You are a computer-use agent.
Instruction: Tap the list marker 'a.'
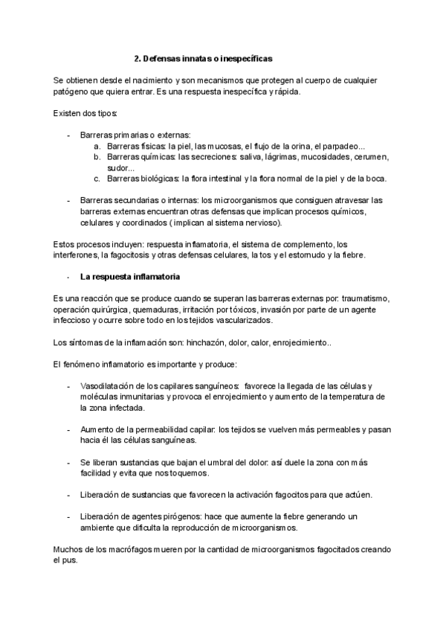click(97, 147)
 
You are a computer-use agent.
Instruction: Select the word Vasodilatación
click(111, 386)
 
